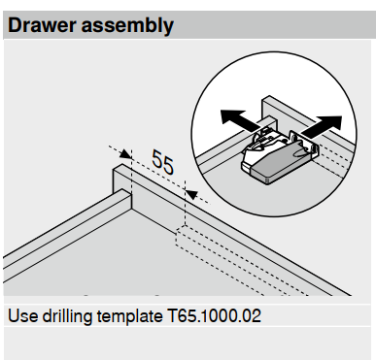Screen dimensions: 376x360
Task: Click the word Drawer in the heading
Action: click(42, 25)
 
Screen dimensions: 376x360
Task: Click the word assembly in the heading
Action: click(127, 26)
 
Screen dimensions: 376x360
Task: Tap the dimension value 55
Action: click(162, 162)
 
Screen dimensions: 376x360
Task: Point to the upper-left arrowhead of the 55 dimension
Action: click(125, 153)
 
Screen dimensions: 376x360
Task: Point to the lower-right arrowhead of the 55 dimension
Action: click(192, 195)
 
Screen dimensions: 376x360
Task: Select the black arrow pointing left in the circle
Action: click(240, 120)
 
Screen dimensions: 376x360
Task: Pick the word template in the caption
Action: click(130, 316)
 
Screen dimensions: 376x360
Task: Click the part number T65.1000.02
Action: click(214, 316)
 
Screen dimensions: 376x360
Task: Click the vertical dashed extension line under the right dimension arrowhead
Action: click(185, 203)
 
